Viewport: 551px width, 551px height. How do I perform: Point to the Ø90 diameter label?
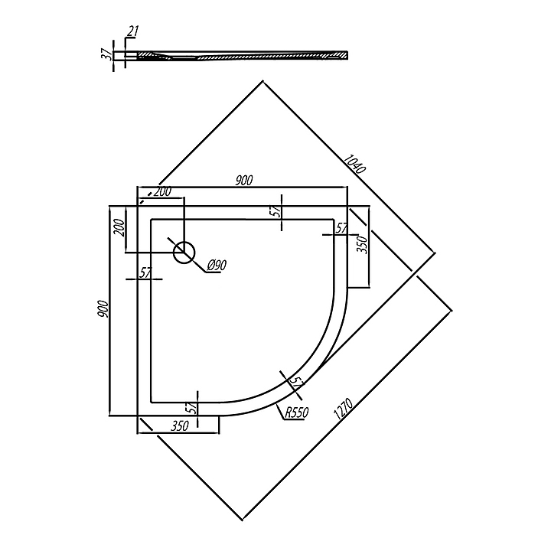(217, 266)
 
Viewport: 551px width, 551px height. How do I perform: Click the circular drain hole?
(184, 252)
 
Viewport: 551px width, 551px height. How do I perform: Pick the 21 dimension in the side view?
(134, 31)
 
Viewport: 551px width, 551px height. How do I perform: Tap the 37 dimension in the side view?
(107, 55)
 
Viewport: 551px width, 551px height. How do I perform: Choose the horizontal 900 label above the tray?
(243, 181)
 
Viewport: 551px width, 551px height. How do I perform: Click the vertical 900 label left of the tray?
(104, 310)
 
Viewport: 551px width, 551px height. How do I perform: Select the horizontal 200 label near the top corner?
(162, 192)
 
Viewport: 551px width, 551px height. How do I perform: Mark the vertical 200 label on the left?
(119, 229)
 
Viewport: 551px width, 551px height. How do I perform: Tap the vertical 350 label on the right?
(364, 246)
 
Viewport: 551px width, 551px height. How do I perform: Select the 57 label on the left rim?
(145, 272)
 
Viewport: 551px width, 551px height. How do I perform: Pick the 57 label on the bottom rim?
(192, 407)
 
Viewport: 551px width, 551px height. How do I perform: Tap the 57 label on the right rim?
(342, 228)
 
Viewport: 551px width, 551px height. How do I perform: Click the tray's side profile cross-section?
(237, 55)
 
